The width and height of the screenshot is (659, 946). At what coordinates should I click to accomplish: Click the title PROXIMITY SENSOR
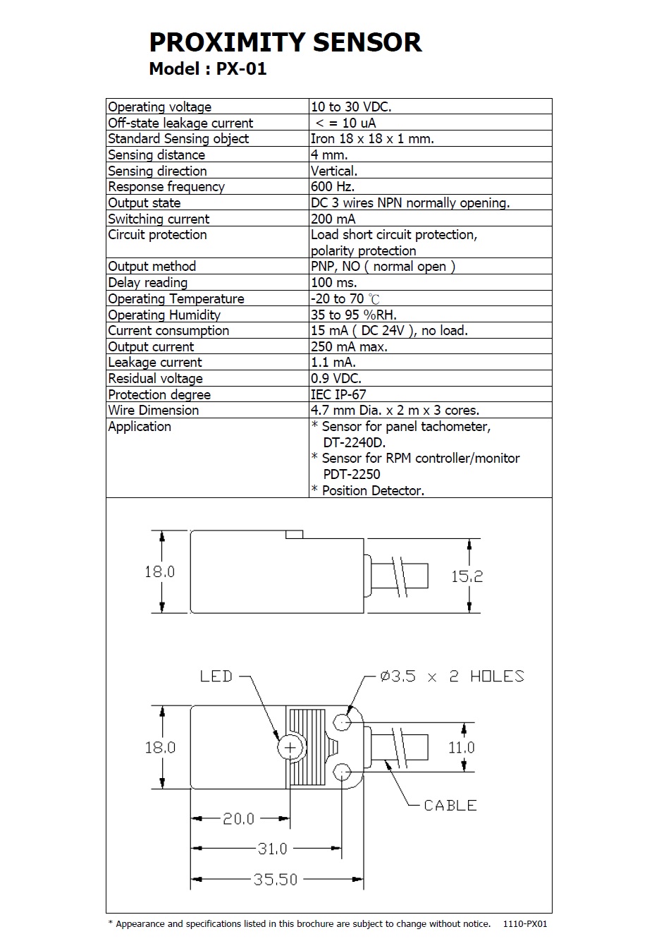(x=285, y=42)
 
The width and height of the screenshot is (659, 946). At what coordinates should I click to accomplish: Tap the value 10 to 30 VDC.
(x=351, y=107)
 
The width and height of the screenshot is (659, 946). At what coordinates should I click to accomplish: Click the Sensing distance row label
(x=156, y=155)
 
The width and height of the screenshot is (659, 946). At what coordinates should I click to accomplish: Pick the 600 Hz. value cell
(x=333, y=187)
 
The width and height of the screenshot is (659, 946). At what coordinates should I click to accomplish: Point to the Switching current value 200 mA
(x=333, y=219)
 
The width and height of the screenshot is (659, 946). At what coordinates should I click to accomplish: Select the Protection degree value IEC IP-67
(x=338, y=395)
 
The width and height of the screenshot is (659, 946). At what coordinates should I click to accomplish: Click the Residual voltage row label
(x=155, y=379)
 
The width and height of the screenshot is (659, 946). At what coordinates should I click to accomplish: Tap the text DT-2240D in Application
(x=355, y=443)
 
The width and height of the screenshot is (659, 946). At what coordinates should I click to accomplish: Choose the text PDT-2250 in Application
(x=352, y=475)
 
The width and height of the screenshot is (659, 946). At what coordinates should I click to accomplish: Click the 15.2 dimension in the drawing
(x=467, y=577)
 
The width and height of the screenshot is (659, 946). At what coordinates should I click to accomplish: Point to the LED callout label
(x=216, y=677)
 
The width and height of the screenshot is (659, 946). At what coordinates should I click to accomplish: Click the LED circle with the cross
(x=290, y=747)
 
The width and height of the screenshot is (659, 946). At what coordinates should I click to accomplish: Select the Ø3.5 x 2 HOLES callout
(x=452, y=677)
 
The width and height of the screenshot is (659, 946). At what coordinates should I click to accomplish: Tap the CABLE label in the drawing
(x=450, y=806)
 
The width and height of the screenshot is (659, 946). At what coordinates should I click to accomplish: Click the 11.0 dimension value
(x=462, y=748)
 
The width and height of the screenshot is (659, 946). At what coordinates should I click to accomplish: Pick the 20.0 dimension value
(x=238, y=819)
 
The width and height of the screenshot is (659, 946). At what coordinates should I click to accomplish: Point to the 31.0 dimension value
(x=272, y=849)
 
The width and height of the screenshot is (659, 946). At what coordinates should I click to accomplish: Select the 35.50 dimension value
(x=276, y=880)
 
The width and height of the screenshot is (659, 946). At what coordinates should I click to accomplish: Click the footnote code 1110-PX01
(x=525, y=924)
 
